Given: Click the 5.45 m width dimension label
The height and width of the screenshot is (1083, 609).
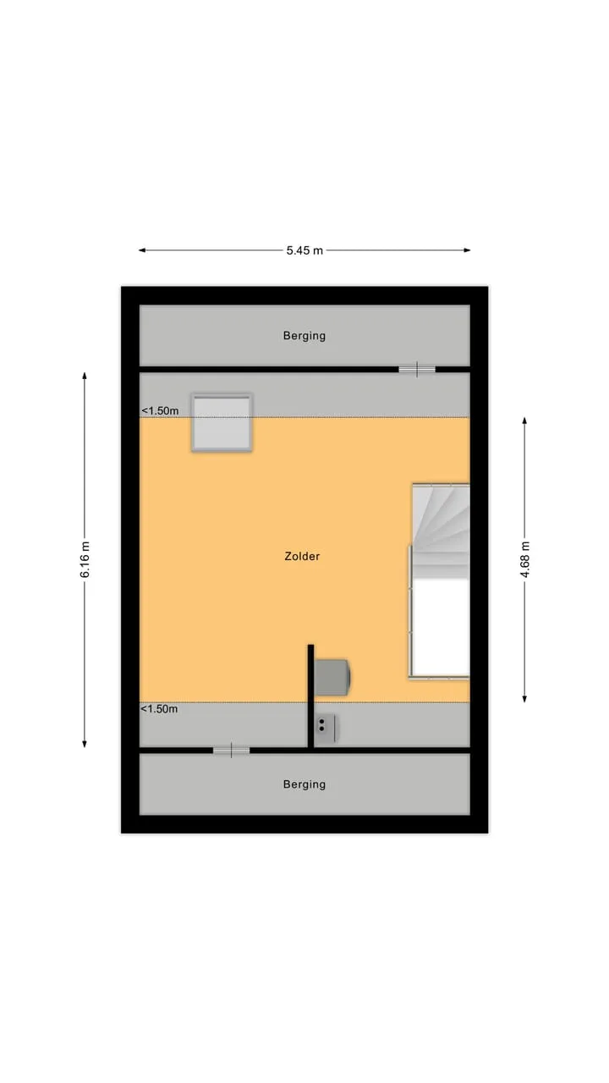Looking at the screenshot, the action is point(304,250).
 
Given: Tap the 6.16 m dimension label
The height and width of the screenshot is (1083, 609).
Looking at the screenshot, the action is point(85,560).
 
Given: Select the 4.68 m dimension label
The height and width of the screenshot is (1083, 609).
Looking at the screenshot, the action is point(525,560).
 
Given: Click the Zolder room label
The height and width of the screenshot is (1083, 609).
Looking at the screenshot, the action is point(302,557).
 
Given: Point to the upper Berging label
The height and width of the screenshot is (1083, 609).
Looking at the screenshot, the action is point(304,336).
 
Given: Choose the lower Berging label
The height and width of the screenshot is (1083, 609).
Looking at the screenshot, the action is point(304,784).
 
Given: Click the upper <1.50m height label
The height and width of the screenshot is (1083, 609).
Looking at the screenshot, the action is point(160,411).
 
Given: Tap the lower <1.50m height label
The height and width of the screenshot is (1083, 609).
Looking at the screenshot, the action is point(159,709).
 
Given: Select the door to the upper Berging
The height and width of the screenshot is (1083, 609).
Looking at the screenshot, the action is point(417,370).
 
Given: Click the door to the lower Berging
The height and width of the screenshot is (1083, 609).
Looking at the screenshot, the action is point(232,750).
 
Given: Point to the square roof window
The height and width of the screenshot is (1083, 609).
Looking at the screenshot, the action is point(222,423).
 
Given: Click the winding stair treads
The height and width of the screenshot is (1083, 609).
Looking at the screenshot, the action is point(441,531).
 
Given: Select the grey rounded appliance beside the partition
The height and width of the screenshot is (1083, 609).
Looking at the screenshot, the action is point(332,678).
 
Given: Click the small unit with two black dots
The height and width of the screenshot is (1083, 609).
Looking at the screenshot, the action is point(326,728).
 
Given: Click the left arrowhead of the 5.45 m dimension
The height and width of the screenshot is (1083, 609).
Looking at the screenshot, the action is point(142,250).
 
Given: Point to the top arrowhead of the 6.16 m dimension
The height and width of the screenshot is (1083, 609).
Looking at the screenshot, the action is point(85,377).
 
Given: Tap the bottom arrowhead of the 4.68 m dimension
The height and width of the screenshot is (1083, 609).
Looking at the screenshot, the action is point(525,699).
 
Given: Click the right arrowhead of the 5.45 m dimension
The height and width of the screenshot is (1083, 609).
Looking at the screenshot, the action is point(467,250).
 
